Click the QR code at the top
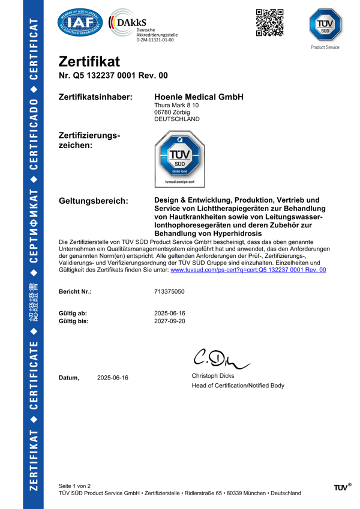pyautogui.click(x=269, y=23)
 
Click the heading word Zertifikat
pyautogui.click(x=89, y=62)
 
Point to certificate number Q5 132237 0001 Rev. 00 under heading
pyautogui.click(x=113, y=76)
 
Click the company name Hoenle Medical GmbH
pyautogui.click(x=199, y=97)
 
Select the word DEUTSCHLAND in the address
pyautogui.click(x=177, y=119)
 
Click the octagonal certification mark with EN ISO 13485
pyautogui.click(x=179, y=159)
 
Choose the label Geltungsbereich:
pyautogui.click(x=93, y=200)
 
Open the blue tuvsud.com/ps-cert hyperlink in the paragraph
pyautogui.click(x=248, y=270)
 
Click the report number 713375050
pyautogui.click(x=169, y=291)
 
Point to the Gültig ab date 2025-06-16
pyautogui.click(x=169, y=314)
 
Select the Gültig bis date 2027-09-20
pyautogui.click(x=169, y=321)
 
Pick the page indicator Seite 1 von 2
pyautogui.click(x=74, y=485)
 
